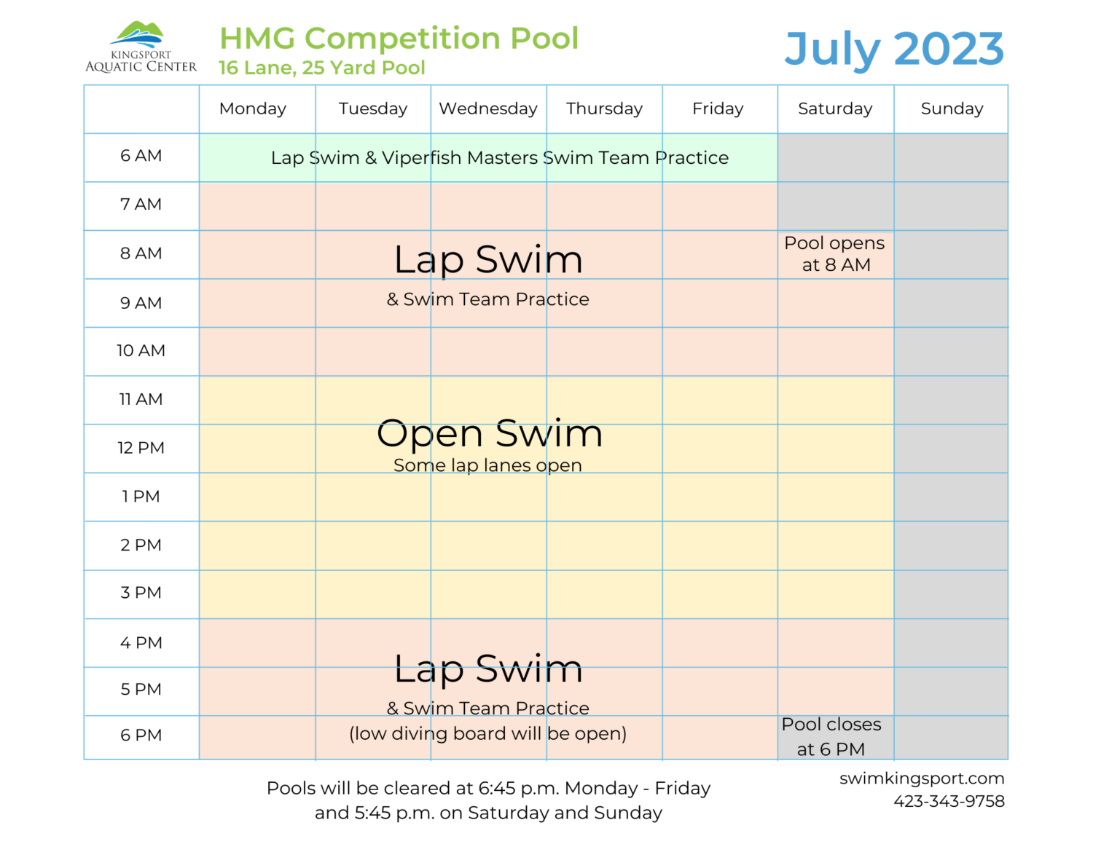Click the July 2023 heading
(894, 49)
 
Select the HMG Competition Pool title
(399, 38)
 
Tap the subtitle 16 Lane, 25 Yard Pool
(321, 68)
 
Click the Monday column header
(253, 109)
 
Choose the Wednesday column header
(488, 109)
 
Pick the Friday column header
(718, 109)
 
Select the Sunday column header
(952, 109)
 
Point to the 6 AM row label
(141, 156)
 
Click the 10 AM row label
(141, 351)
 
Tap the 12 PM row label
(141, 448)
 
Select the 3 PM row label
(141, 593)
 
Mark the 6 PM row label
(141, 735)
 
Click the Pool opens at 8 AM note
(835, 253)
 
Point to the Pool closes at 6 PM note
(831, 736)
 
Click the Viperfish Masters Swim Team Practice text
(555, 158)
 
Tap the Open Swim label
(490, 434)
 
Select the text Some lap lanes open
(487, 465)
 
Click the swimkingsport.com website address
(922, 778)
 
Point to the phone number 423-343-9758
(949, 801)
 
